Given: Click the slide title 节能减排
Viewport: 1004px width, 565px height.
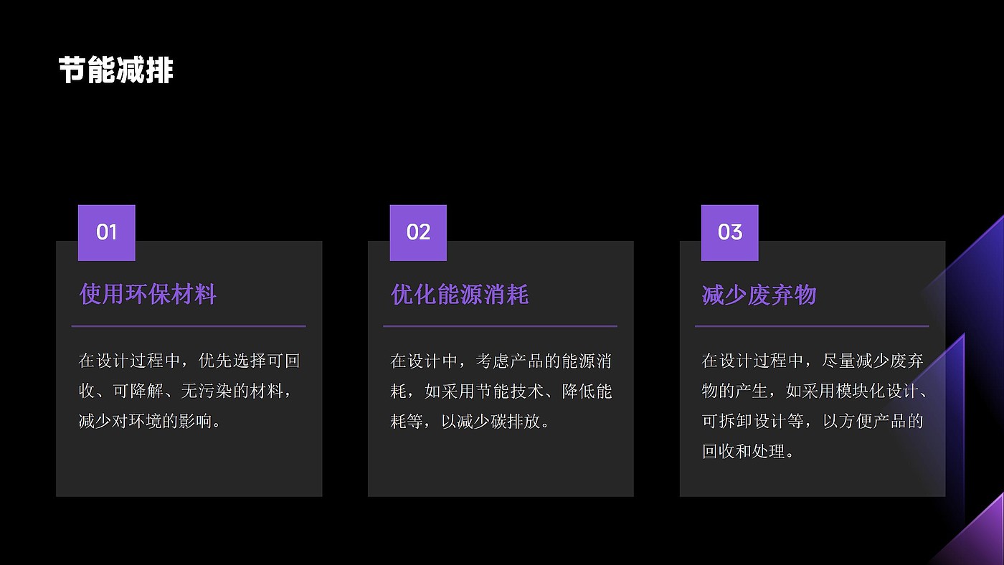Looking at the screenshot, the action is [x=115, y=71].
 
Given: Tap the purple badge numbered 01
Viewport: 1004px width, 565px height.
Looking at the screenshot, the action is [x=106, y=232].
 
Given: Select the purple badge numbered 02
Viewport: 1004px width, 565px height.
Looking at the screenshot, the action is [x=418, y=232].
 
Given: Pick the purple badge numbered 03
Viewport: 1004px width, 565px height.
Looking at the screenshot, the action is [x=729, y=232].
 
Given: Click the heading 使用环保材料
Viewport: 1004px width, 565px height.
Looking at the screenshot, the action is [x=148, y=294].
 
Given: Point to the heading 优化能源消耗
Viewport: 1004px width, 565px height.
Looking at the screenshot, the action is [x=460, y=294].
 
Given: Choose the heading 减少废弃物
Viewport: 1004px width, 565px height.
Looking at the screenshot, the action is [x=759, y=294].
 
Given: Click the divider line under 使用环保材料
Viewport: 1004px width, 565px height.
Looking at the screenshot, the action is [x=189, y=326].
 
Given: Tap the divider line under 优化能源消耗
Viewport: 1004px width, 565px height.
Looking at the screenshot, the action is [x=500, y=326].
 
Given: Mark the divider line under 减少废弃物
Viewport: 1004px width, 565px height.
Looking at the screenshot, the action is [x=812, y=326].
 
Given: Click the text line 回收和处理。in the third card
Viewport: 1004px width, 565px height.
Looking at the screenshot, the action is [x=748, y=452].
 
